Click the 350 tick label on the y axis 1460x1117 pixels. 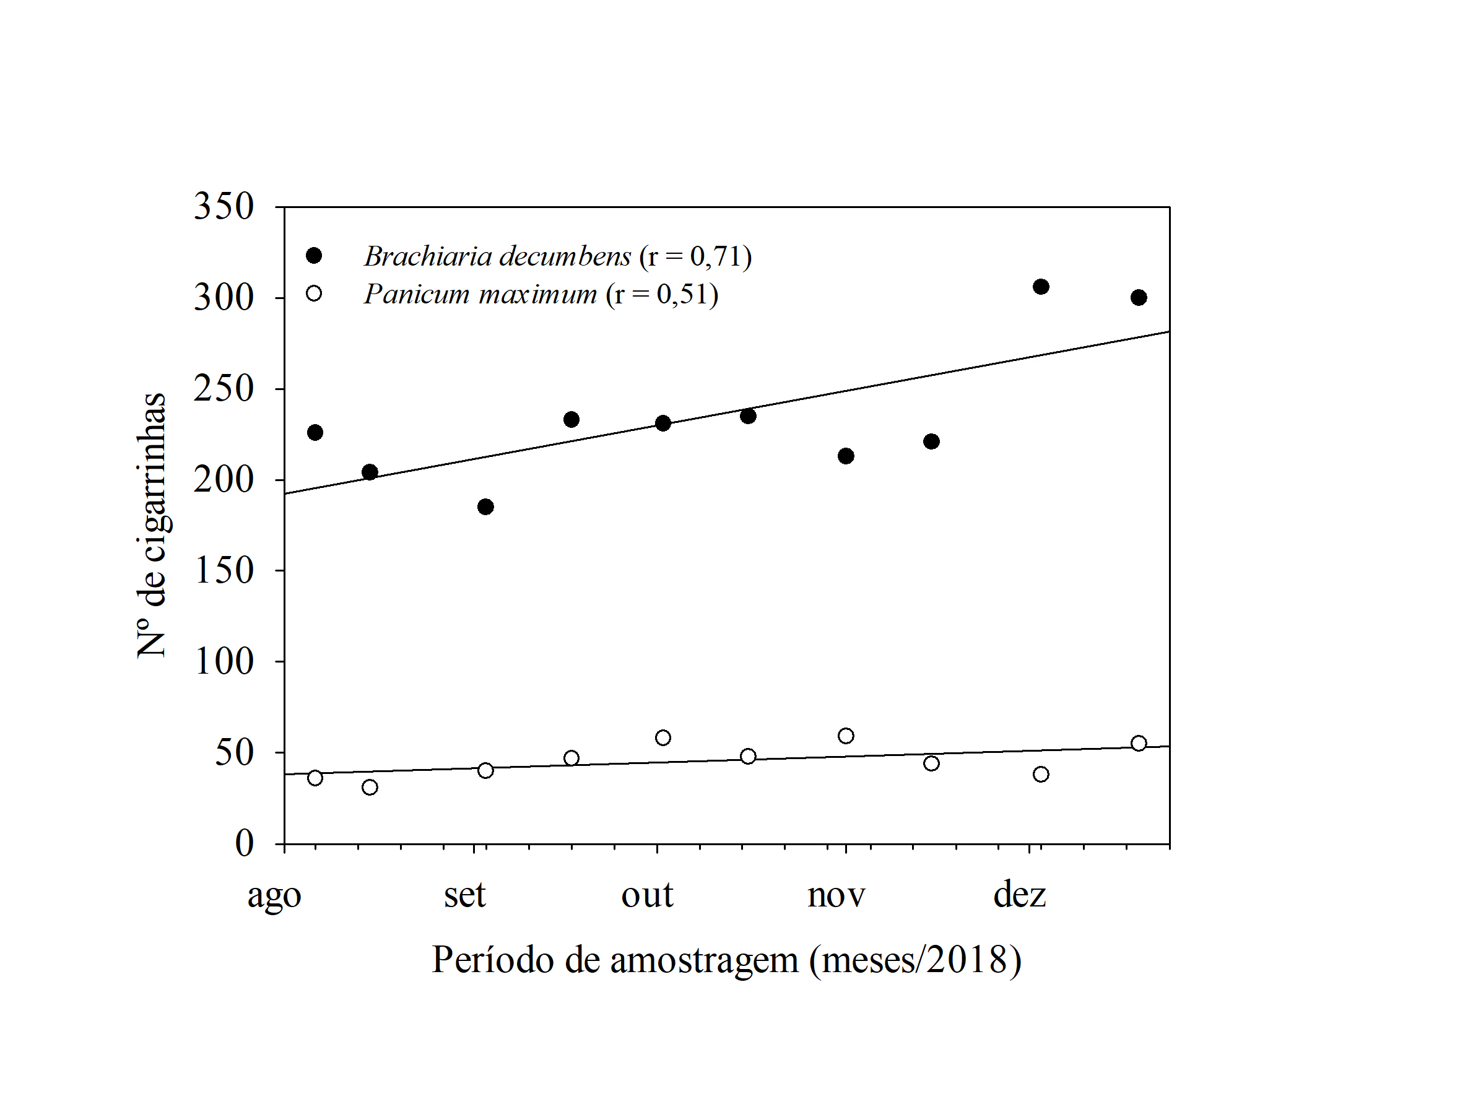pyautogui.click(x=224, y=206)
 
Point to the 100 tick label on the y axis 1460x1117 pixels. pyautogui.click(x=224, y=661)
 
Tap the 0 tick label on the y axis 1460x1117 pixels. pyautogui.click(x=244, y=843)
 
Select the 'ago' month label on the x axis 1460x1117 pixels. pyautogui.click(x=274, y=896)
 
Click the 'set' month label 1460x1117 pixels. pyautogui.click(x=465, y=895)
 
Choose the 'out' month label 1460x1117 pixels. pyautogui.click(x=647, y=895)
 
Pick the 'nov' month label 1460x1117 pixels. pyautogui.click(x=836, y=895)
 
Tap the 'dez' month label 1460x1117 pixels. pyautogui.click(x=1019, y=895)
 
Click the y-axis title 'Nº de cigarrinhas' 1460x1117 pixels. pyautogui.click(x=151, y=525)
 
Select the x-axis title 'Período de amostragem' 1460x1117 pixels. pyautogui.click(x=726, y=960)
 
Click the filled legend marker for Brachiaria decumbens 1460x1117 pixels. pyautogui.click(x=314, y=255)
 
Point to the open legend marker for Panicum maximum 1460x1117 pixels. pyautogui.click(x=314, y=293)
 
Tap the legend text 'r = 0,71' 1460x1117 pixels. pyautogui.click(x=695, y=256)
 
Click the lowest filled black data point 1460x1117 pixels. pyautogui.click(x=485, y=506)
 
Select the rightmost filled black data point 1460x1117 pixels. pyautogui.click(x=1139, y=297)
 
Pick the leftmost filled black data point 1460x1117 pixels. pyautogui.click(x=315, y=432)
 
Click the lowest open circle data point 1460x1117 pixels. pyautogui.click(x=370, y=787)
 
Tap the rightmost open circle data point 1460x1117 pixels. pyautogui.click(x=1139, y=742)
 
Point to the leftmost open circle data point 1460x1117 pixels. pyautogui.click(x=315, y=777)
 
